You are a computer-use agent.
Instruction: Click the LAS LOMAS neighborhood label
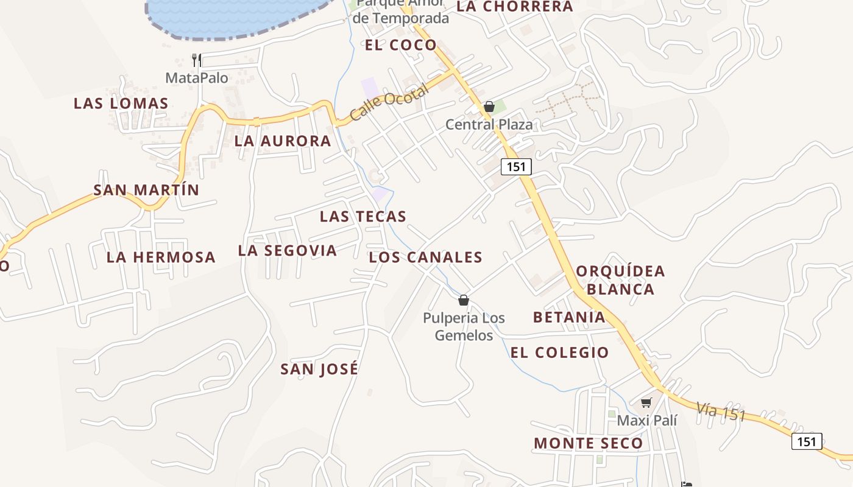[121, 103]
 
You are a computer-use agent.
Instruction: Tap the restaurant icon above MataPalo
[196, 60]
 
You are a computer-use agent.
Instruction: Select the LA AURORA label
[283, 141]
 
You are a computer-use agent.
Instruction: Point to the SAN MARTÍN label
[146, 190]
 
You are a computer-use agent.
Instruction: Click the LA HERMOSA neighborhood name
[161, 258]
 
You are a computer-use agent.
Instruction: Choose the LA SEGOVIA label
[287, 251]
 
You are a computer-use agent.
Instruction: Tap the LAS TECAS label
[363, 217]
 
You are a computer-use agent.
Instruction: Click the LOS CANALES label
[425, 258]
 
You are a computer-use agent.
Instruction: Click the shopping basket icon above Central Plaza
[489, 107]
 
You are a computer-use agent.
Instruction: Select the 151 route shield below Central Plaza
[516, 167]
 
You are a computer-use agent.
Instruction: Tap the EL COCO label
[401, 45]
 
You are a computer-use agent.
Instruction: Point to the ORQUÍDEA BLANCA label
[620, 280]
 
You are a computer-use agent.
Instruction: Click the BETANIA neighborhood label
[569, 317]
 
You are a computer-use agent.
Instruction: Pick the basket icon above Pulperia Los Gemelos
[464, 300]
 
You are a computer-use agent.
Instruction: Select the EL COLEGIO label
[559, 352]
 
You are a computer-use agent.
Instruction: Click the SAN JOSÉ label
[319, 369]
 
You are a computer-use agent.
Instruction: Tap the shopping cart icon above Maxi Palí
[646, 402]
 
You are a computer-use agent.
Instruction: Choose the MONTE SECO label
[588, 444]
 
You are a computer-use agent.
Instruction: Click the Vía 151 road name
[721, 411]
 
